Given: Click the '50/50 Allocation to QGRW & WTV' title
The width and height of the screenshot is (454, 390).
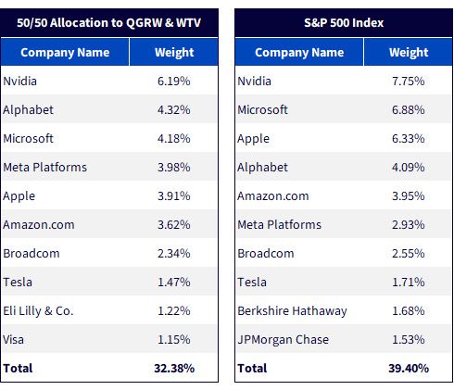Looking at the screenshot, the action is [x=108, y=23].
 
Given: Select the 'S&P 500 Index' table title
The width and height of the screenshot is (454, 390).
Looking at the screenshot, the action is [x=344, y=23].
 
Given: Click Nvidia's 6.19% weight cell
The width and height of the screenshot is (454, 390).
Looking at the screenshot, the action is [x=174, y=82].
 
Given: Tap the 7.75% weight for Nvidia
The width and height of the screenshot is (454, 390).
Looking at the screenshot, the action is [x=409, y=82].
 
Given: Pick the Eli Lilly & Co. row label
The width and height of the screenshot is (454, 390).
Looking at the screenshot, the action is [x=38, y=311].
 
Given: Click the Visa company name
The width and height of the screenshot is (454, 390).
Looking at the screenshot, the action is [x=13, y=340].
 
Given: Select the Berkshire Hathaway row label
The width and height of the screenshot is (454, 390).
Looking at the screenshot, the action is [x=292, y=311].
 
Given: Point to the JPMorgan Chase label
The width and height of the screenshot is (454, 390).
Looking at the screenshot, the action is [x=284, y=340].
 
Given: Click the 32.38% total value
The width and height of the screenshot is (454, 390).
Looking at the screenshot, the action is [x=174, y=369].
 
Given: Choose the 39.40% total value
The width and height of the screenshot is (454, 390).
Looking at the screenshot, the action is [x=409, y=369].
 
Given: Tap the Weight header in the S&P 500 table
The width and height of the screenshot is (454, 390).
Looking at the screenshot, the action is [x=409, y=53].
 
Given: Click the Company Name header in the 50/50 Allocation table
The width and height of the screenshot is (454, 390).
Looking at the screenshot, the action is [x=65, y=53].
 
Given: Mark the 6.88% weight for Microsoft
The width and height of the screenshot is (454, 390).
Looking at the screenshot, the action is [x=409, y=110].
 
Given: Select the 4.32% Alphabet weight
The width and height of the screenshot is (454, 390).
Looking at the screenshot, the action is [x=174, y=110].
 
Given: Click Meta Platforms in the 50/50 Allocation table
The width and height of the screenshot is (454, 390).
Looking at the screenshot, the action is [x=45, y=168].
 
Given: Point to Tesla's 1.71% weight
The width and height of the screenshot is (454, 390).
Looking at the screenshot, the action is [x=409, y=283].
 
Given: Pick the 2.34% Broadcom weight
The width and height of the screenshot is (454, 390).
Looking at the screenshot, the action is [x=174, y=254].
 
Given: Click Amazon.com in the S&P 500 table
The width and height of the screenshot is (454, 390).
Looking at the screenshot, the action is [x=273, y=196].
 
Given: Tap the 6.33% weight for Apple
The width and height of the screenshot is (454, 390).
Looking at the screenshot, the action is [x=409, y=139].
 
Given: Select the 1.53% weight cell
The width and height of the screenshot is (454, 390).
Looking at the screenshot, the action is [x=409, y=340].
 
